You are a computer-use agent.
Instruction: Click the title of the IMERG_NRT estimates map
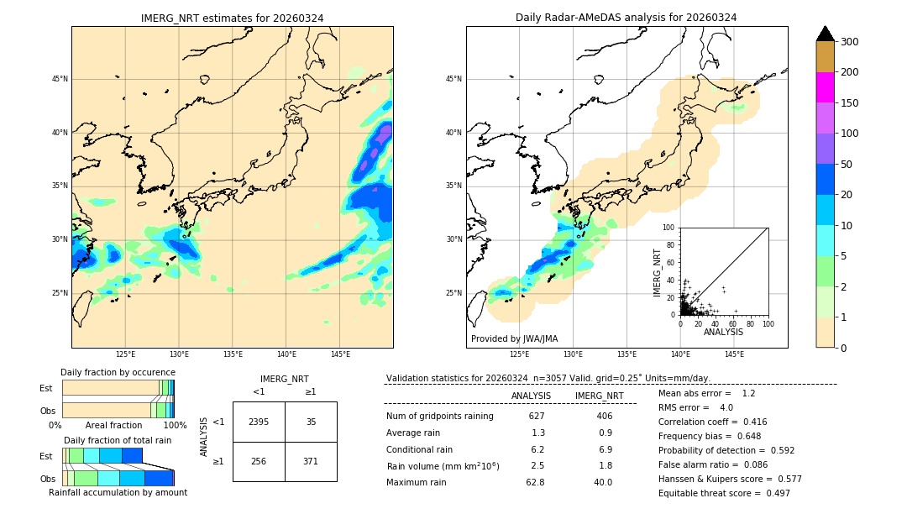[232, 18]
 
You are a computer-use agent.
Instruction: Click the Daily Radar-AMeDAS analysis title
[627, 18]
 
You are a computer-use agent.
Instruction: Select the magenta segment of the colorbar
[826, 87]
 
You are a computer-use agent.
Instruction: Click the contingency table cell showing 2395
[259, 422]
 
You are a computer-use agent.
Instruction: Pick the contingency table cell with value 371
[311, 461]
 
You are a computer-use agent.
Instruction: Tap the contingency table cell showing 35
[311, 422]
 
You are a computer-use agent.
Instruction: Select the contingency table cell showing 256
[259, 461]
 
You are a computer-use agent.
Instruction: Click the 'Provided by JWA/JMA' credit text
[514, 338]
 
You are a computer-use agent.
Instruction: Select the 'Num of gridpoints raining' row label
[440, 416]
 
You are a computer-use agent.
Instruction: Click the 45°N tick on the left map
[59, 79]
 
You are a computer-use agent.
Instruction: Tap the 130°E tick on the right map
[573, 354]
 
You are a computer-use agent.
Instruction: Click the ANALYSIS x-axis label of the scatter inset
[723, 332]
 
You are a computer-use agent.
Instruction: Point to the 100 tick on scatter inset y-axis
[669, 228]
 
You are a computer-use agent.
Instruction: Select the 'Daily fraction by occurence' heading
[118, 372]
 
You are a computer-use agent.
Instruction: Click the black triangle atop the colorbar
[826, 34]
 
